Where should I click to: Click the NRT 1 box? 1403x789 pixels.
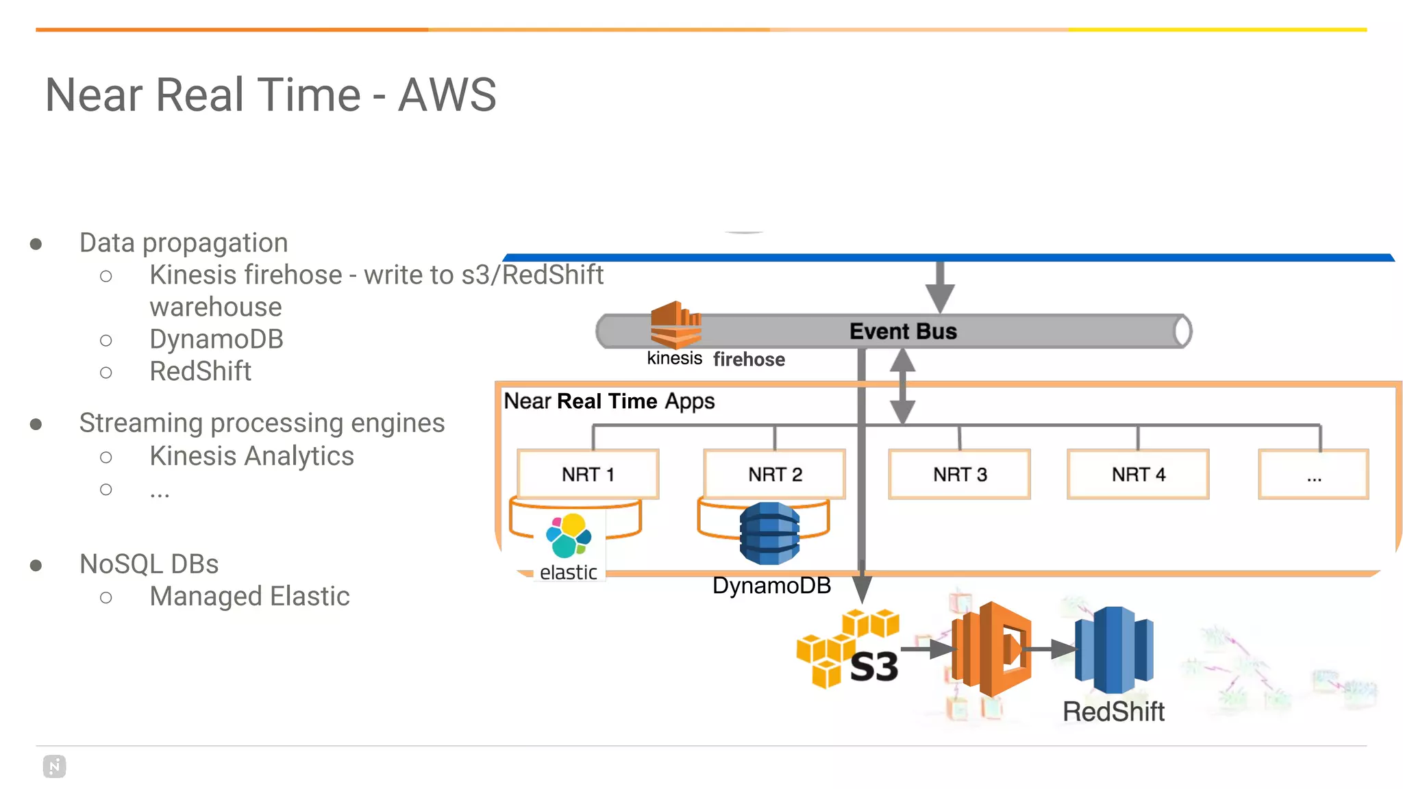588,474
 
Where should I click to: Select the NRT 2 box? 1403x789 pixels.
775,474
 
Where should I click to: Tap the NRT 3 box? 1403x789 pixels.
959,474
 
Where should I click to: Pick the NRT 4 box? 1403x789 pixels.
1138,474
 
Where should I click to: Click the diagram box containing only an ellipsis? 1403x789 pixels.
1313,474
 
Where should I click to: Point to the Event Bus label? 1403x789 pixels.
903,331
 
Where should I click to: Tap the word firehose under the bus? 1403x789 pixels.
749,360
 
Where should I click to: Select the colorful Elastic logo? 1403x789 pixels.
569,536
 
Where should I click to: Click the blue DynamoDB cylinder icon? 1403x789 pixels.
769,533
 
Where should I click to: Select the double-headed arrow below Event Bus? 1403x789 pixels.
902,386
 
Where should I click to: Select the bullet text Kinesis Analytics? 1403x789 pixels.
251,456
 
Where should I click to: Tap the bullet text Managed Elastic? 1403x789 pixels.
249,597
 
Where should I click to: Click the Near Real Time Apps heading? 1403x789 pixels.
609,401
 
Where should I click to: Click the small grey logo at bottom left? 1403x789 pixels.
54,766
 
